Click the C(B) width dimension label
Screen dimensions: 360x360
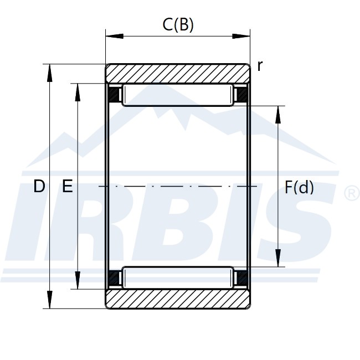[x=178, y=24]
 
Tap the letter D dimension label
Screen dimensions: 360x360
[x=39, y=186]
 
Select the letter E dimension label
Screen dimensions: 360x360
[x=68, y=186]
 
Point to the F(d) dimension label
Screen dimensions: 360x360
[x=299, y=187]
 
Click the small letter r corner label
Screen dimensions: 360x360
[x=260, y=66]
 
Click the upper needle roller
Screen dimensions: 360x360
[x=178, y=95]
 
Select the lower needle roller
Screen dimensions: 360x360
[x=178, y=277]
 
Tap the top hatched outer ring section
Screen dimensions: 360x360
[x=178, y=74]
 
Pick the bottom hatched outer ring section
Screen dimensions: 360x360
[x=178, y=299]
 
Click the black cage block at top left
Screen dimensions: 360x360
[x=114, y=95]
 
